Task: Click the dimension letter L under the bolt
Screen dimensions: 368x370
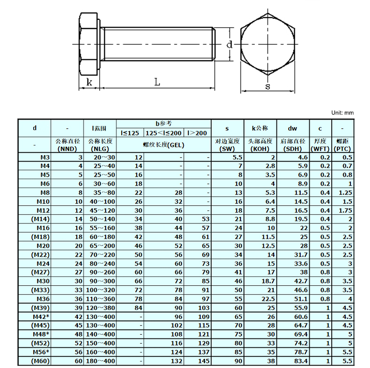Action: [x=158, y=82]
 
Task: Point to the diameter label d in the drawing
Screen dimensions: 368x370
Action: [x=229, y=45]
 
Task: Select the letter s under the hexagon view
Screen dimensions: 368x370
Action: [x=268, y=86]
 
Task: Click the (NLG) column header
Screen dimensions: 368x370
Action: [x=101, y=149]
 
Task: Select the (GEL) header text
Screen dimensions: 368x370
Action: [x=163, y=145]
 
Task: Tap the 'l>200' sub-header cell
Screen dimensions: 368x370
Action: [x=197, y=133]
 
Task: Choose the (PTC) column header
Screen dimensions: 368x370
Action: [x=342, y=149]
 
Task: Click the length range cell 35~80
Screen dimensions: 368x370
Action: [x=101, y=193]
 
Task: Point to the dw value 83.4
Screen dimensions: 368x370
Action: [x=299, y=361]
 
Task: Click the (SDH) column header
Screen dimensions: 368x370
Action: [x=293, y=149]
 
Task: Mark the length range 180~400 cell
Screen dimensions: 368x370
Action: [x=101, y=361]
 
